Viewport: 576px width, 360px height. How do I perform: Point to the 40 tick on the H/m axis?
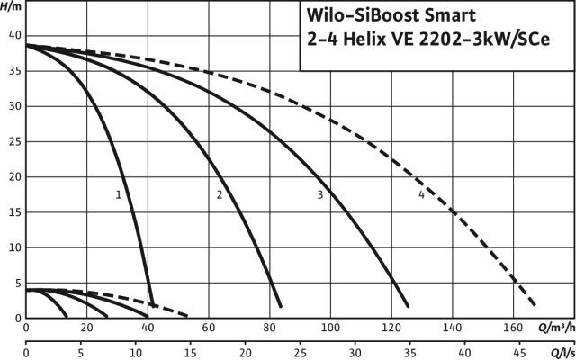coord(13,35)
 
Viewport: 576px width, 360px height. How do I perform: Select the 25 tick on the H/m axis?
coord(13,141)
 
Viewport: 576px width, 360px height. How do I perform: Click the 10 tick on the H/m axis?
coord(13,247)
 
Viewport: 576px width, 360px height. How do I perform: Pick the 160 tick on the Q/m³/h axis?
coord(514,328)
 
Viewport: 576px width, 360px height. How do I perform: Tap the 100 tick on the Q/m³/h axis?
coord(330,328)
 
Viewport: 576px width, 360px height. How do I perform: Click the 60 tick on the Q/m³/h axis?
coord(209,328)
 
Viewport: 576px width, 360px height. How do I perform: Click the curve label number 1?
coord(118,194)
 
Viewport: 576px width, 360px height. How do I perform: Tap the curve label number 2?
coord(219,194)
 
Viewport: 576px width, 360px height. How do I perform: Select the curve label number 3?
coord(319,194)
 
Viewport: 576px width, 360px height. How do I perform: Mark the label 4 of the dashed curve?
coord(421,194)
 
